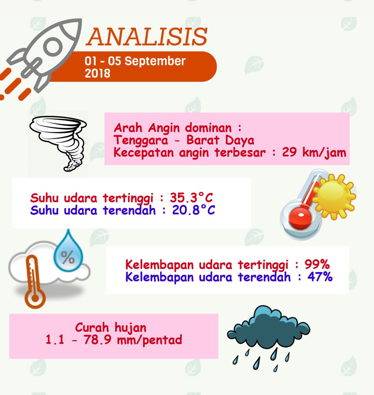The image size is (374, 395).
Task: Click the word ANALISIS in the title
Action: point(147,36)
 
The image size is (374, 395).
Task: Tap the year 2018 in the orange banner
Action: point(98,73)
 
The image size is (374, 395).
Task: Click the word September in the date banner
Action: point(155,61)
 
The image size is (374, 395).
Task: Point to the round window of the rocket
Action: point(53,47)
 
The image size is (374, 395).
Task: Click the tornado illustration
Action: point(58,143)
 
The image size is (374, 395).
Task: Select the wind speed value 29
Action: point(289,152)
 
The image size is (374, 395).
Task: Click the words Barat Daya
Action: point(221,140)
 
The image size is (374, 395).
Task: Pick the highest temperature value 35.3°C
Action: point(191,198)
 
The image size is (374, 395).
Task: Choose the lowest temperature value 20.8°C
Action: point(194,210)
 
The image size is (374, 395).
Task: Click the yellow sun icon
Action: point(334,197)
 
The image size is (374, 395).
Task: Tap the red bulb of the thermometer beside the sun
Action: point(300,218)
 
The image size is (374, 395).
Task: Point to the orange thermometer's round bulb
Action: point(35,298)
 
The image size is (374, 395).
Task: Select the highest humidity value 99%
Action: point(317,264)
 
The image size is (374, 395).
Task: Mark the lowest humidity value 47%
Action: point(320,277)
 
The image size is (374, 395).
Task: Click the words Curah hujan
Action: point(111,327)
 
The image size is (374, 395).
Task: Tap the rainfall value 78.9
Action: point(97,340)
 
